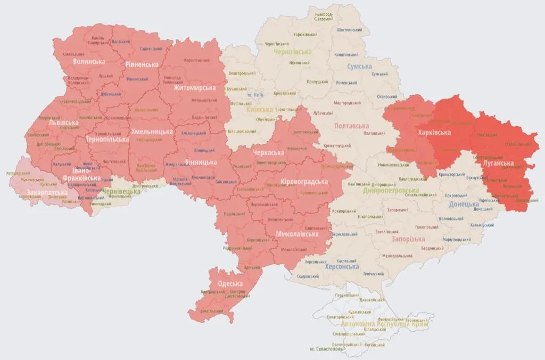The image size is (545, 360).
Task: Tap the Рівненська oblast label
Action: pyautogui.click(x=142, y=64)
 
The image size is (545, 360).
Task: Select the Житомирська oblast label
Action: pyautogui.click(x=194, y=88)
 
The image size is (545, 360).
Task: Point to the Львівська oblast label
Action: pyautogui.click(x=63, y=122)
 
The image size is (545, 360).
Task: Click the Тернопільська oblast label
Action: pyautogui.click(x=108, y=139)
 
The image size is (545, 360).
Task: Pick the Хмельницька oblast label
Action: pyautogui.click(x=152, y=132)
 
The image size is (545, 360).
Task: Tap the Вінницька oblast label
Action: pyautogui.click(x=201, y=162)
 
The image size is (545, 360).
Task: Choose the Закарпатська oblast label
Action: pyautogui.click(x=47, y=192)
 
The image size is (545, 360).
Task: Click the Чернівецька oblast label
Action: pyautogui.click(x=121, y=191)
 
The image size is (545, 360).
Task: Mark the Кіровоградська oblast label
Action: pyautogui.click(x=304, y=182)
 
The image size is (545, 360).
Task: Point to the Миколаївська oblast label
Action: pyautogui.click(x=298, y=234)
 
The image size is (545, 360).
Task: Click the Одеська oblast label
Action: pyautogui.click(x=230, y=283)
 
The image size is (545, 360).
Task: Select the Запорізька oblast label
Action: pyautogui.click(x=408, y=239)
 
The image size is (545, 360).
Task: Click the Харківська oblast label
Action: pyautogui.click(x=434, y=133)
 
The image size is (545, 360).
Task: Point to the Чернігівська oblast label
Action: pyautogui.click(x=292, y=52)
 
